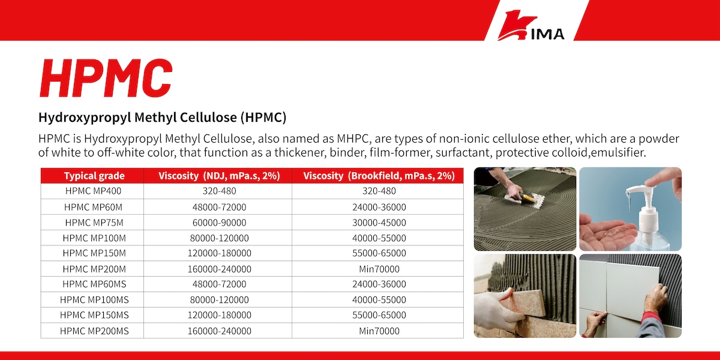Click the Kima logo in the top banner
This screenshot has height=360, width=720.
[531, 25]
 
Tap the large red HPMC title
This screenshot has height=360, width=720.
[106, 78]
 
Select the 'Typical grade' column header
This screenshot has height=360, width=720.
[94, 176]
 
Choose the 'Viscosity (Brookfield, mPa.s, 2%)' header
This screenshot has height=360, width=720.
[379, 176]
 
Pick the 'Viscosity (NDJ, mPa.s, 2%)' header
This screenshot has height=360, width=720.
[219, 176]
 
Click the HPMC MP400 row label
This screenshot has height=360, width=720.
[93, 191]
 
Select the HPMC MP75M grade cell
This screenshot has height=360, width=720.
[94, 223]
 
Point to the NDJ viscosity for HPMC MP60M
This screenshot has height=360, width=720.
[219, 207]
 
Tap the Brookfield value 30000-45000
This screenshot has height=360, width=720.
[379, 223]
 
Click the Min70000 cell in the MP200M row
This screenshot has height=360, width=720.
[379, 269]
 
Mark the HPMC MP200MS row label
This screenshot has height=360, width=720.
[94, 331]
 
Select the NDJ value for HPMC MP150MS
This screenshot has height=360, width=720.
[219, 315]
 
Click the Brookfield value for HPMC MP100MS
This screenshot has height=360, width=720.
[379, 299]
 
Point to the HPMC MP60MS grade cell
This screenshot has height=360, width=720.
[94, 284]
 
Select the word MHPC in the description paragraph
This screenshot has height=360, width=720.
[353, 139]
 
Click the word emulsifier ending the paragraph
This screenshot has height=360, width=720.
[618, 152]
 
